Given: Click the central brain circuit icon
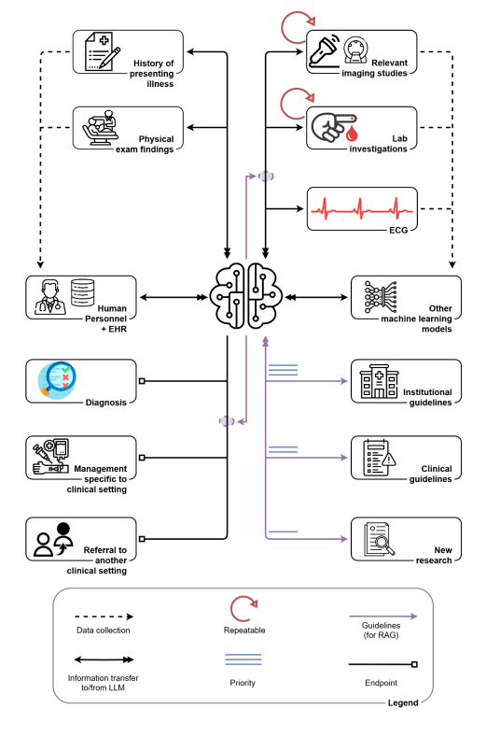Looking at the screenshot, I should [x=246, y=296].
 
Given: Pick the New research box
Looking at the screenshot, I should [x=406, y=539].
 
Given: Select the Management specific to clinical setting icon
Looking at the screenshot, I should [x=51, y=456].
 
